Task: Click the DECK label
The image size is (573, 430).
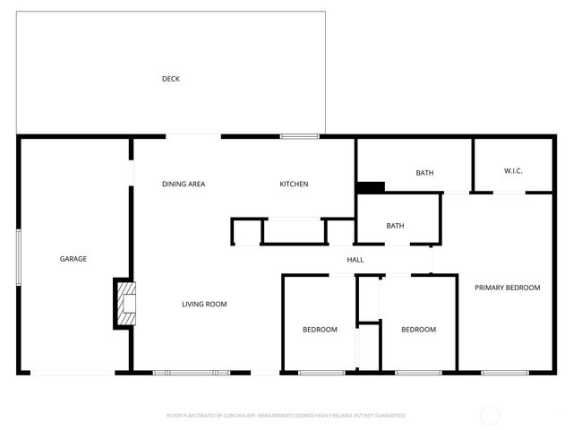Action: tap(171, 79)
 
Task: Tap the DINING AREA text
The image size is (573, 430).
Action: tap(184, 185)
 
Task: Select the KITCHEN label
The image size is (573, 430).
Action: tap(294, 185)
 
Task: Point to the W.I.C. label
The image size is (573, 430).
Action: tap(513, 170)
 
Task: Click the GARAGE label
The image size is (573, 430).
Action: tap(73, 259)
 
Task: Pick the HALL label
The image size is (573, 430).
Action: tap(355, 260)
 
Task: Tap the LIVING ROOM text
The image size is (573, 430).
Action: tap(204, 305)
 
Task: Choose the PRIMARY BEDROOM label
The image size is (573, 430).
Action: tap(508, 288)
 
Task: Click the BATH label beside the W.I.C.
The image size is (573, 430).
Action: tap(424, 173)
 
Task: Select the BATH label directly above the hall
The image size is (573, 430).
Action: tap(395, 226)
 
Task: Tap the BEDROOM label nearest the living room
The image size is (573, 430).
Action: tap(320, 330)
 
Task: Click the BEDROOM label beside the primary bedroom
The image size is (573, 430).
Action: tap(418, 330)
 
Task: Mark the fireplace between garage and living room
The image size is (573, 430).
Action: tap(125, 303)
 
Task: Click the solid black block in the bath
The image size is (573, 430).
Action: tap(370, 187)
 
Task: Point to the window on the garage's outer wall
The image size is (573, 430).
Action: tap(19, 258)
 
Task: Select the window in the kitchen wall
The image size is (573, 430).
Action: tap(299, 136)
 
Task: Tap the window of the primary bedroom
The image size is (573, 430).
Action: tap(505, 372)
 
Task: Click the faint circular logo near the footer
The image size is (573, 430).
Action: tap(490, 416)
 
